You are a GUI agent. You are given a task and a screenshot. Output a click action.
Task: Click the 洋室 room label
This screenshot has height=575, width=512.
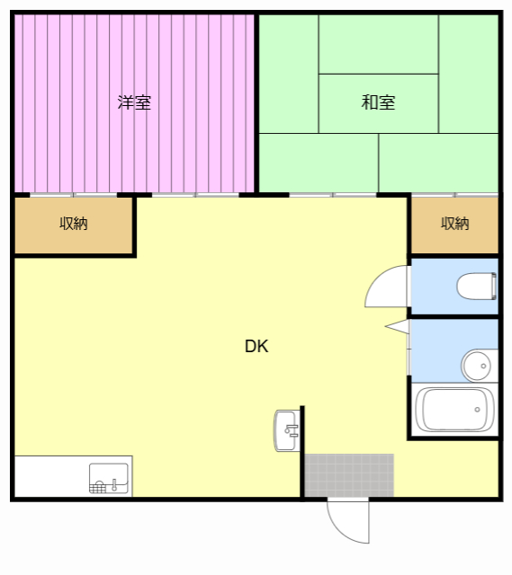coord(134,102)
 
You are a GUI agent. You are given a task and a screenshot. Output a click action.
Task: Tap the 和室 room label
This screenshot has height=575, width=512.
coord(378,102)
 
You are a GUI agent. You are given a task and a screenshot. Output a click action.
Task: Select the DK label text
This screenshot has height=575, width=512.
coord(256,346)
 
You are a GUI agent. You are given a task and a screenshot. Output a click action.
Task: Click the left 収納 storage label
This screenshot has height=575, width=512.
coord(74,224)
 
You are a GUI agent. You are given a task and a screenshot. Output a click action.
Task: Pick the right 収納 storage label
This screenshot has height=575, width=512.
coord(455,224)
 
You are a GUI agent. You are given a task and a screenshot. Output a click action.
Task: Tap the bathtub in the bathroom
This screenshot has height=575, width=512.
coord(456,410)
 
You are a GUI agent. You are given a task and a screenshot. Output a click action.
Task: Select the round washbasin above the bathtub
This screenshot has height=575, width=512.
coord(478,366)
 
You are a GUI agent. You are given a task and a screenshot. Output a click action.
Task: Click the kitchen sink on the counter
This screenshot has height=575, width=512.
coord(110,477)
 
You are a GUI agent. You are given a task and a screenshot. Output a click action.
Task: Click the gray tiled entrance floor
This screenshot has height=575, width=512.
coord(349,475)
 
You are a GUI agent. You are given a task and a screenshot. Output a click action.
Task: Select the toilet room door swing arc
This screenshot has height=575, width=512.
coord(385,287)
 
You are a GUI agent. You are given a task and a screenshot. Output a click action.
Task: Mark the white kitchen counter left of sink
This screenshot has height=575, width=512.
coord(50,476)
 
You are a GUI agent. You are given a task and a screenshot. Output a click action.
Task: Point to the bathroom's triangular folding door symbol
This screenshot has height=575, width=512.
coord(397,325)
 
